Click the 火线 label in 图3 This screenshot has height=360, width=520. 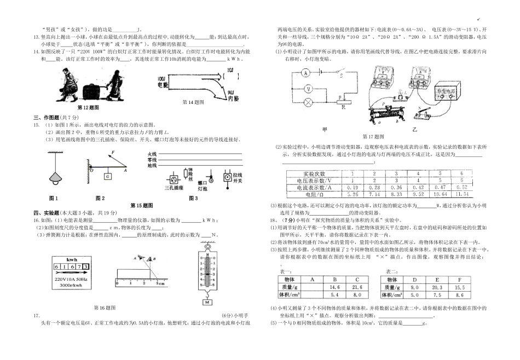152,154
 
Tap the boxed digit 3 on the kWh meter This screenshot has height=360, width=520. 86,266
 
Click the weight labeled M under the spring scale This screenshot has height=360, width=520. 207,301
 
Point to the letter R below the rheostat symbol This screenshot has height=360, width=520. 343,108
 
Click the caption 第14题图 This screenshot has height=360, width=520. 193,102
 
